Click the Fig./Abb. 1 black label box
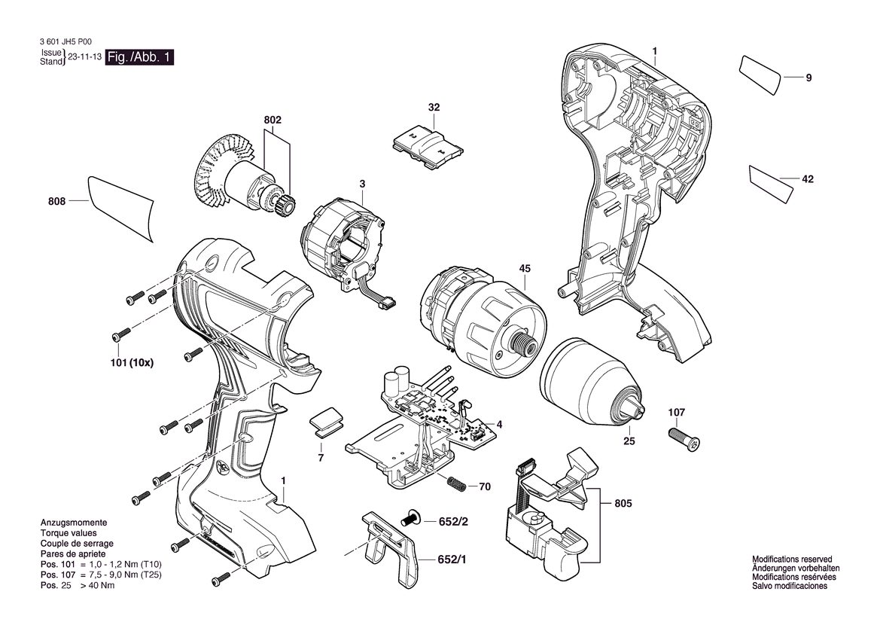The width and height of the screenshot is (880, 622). (x=139, y=57)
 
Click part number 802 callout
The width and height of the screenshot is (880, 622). (x=273, y=120)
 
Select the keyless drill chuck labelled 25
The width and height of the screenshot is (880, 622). (x=595, y=381)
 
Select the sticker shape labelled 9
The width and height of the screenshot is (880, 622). (x=760, y=75)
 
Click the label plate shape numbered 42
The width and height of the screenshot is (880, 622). (x=771, y=183)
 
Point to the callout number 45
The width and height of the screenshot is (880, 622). (x=525, y=269)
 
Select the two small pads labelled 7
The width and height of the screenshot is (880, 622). (x=327, y=422)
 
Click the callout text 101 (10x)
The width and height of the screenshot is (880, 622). (x=131, y=363)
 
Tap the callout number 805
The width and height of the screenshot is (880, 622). (x=623, y=504)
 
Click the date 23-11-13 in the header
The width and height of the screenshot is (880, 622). (x=85, y=57)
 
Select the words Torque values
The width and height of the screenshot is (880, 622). (x=69, y=533)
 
